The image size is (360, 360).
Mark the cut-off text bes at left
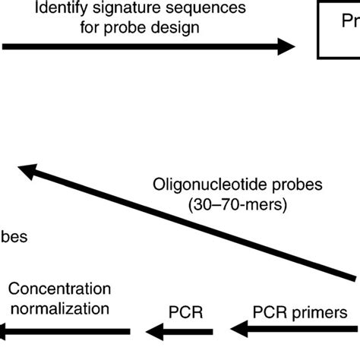tap(15, 236)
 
